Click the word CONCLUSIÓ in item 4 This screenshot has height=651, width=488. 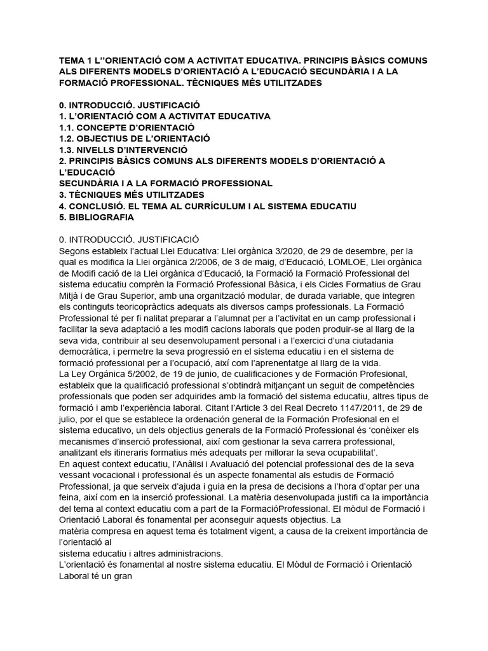point(100,206)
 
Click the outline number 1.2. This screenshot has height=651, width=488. point(66,138)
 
